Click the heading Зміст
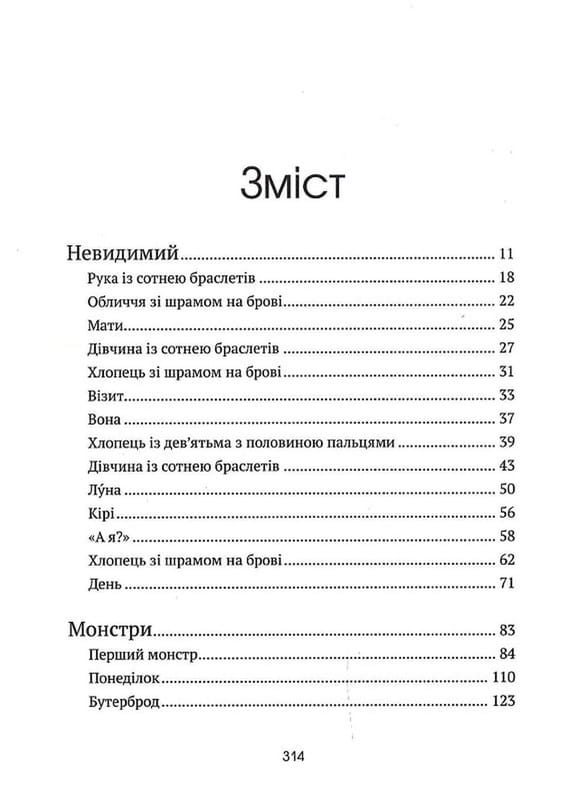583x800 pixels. click(292, 187)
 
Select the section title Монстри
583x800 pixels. click(111, 631)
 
